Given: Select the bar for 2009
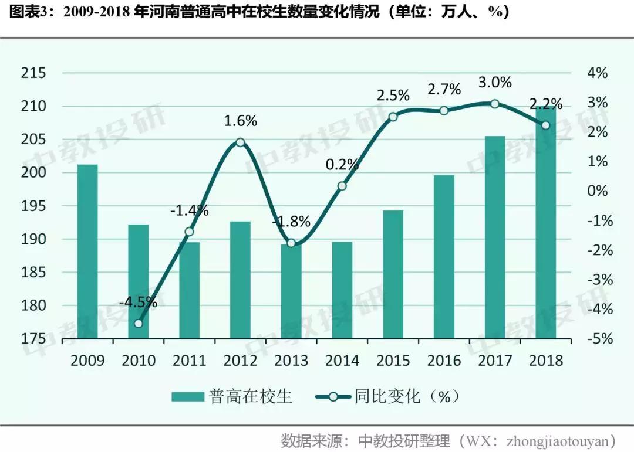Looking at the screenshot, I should (x=87, y=252).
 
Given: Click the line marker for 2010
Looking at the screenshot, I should (x=139, y=323).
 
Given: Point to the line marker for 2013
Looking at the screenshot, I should (x=291, y=243).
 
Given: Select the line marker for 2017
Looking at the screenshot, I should (x=495, y=104).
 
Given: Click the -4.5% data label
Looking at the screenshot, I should (x=138, y=303).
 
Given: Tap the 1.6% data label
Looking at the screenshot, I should (x=240, y=121).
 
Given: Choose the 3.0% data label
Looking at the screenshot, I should (x=495, y=83).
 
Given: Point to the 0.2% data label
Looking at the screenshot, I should (x=342, y=165).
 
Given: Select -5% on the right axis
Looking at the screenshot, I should (x=596, y=339).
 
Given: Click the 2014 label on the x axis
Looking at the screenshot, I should (x=342, y=360).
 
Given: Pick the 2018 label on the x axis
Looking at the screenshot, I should (x=545, y=360).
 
